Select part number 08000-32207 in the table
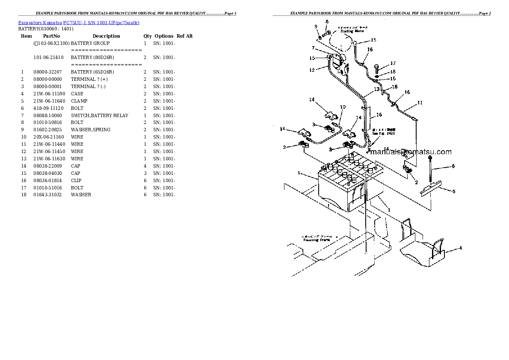[47, 72]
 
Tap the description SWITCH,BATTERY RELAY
[99, 115]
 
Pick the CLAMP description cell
[79, 101]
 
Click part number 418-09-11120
[47, 108]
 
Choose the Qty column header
[148, 36]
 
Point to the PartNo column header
[51, 36]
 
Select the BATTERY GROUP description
[90, 43]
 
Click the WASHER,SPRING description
[90, 130]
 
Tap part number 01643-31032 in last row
[47, 195]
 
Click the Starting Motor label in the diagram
[350, 31]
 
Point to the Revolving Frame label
[317, 240]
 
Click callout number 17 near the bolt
[393, 64]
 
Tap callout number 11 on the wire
[420, 103]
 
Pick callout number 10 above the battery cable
[343, 107]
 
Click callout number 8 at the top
[327, 21]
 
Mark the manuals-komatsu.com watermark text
[410, 152]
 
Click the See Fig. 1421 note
[383, 133]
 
